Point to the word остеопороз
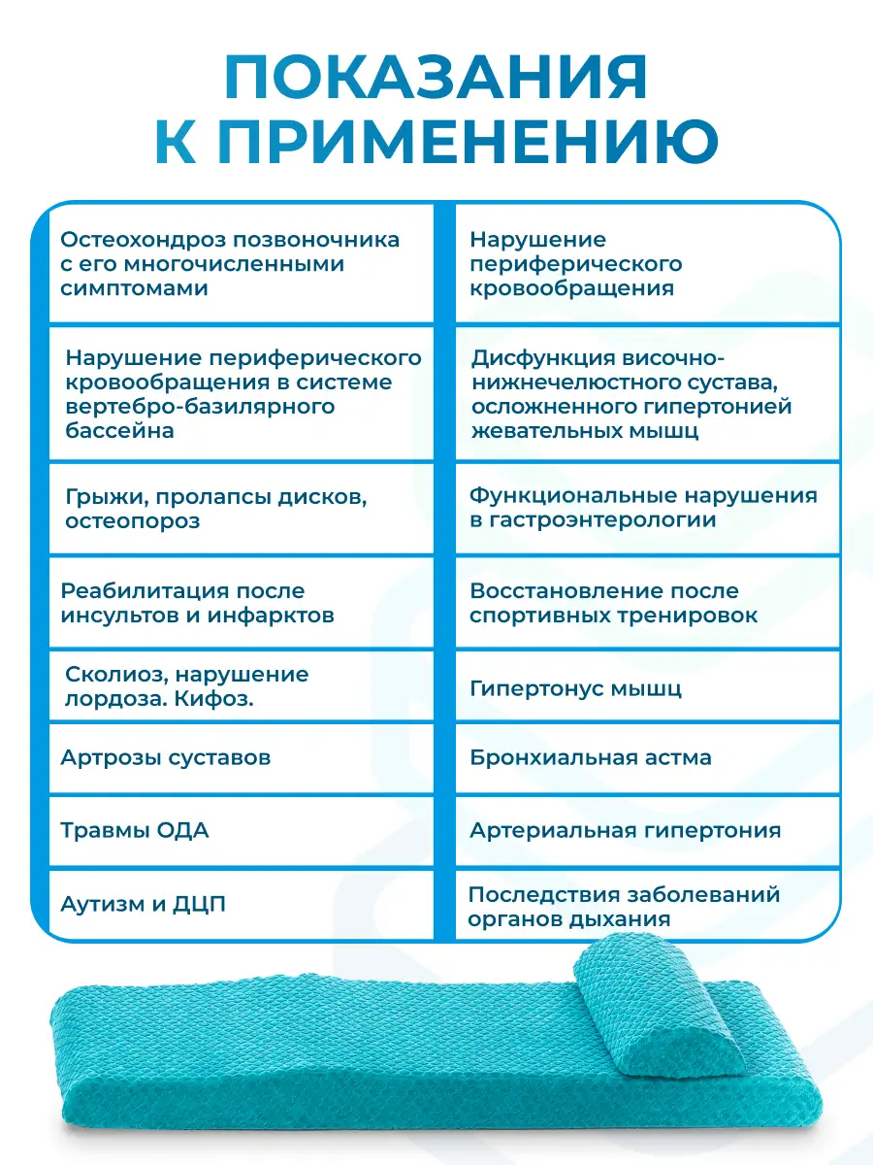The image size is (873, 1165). pyautogui.click(x=133, y=521)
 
